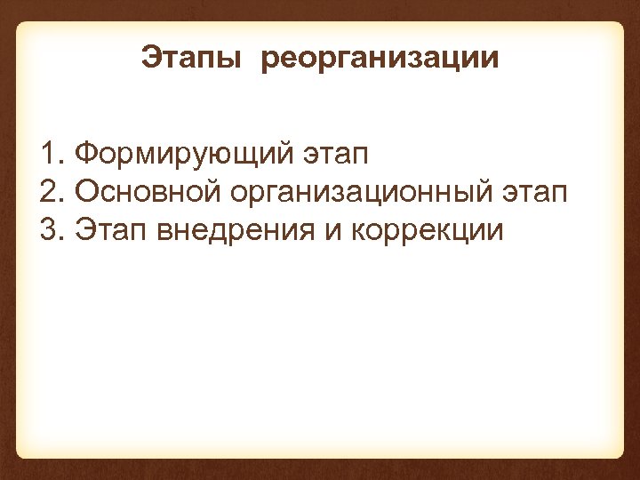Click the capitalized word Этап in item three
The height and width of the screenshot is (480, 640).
click(x=111, y=231)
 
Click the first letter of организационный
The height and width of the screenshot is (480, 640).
click(x=242, y=194)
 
